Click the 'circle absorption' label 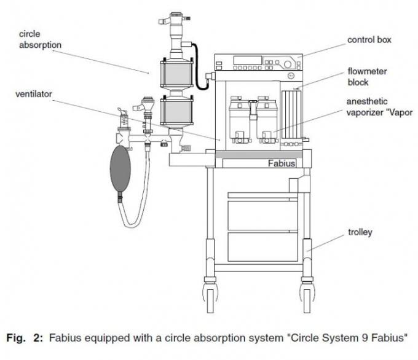[x=41, y=39]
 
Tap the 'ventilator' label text [x=34, y=94]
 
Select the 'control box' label [x=369, y=40]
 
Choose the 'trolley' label [x=359, y=233]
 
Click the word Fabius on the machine [x=282, y=163]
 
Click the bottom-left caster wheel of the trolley [x=210, y=295]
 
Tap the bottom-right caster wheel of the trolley [x=306, y=295]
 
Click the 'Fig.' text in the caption [x=16, y=337]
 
